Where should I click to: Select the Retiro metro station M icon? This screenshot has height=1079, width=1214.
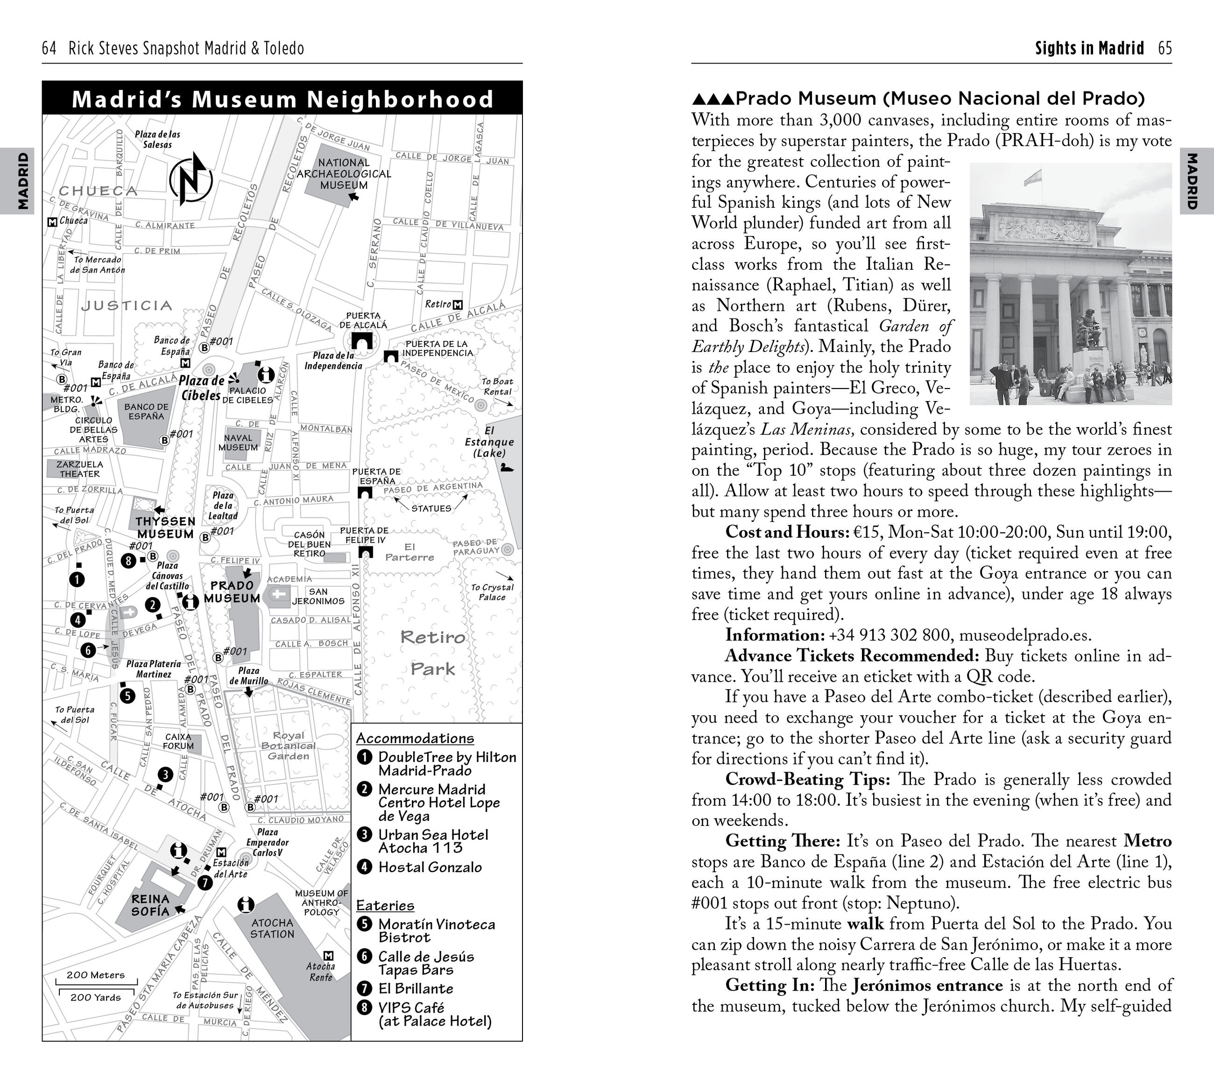[457, 304]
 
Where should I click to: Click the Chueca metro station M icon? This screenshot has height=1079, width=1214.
[52, 221]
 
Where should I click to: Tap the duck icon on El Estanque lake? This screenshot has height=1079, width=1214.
[507, 468]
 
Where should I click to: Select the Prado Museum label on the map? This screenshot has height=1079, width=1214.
[232, 592]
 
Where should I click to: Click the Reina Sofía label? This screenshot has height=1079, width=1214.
[150, 905]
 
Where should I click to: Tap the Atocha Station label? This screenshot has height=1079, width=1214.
[272, 928]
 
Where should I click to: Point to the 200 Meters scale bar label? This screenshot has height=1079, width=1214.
[96, 974]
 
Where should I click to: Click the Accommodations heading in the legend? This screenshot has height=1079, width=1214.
[415, 738]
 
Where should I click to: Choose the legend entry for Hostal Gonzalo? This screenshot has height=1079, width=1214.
[430, 867]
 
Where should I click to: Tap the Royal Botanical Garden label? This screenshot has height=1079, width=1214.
[288, 745]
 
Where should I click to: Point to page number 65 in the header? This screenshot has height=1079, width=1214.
[1165, 48]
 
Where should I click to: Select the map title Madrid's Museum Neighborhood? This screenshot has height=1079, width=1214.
[282, 99]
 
